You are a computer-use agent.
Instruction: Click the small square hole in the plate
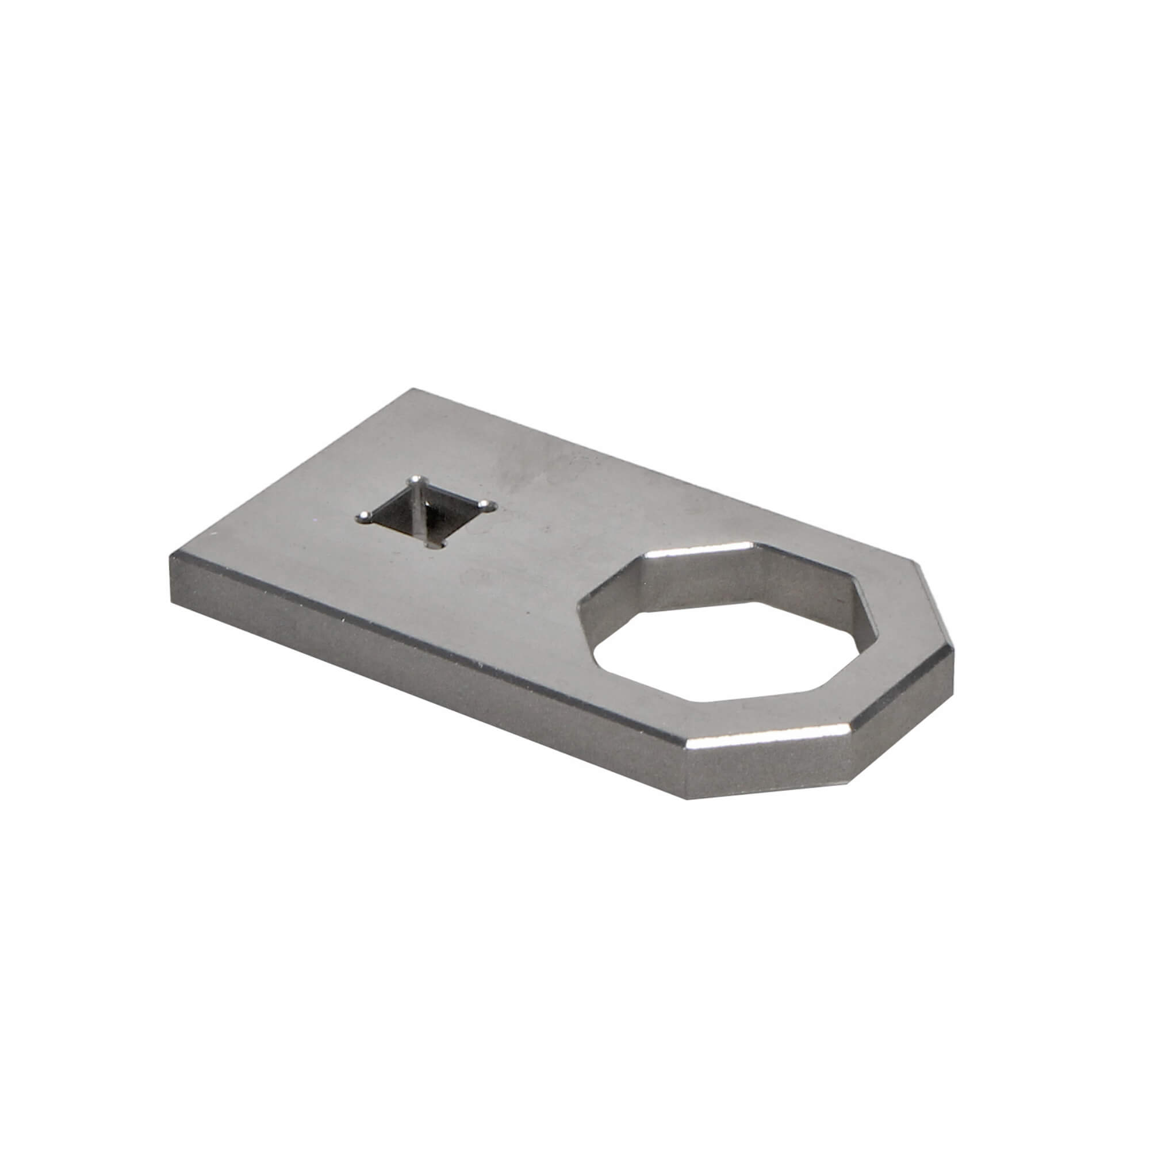tap(427, 513)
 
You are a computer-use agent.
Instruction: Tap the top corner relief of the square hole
tap(419, 480)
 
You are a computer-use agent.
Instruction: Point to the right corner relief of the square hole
tap(490, 506)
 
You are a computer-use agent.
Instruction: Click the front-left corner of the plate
tap(171, 557)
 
